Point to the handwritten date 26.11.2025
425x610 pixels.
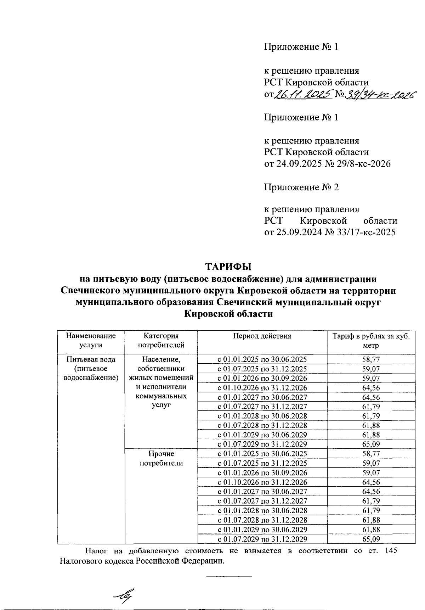coord(304,94)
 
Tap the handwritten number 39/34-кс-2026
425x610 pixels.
coord(380,94)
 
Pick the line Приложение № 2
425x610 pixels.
coord(301,187)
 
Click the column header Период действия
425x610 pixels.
coord(262,336)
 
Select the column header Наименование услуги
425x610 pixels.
coord(91,340)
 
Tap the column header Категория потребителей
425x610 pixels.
coord(161,340)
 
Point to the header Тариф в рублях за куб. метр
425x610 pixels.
coord(371,340)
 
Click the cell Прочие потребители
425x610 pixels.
coord(161,458)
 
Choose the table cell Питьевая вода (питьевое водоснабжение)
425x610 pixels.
coord(91,369)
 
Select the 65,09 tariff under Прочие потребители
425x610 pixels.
coord(371,539)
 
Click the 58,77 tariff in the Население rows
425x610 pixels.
coord(371,359)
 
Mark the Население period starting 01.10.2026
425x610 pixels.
coord(262,388)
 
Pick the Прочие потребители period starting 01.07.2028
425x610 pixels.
coord(262,520)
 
